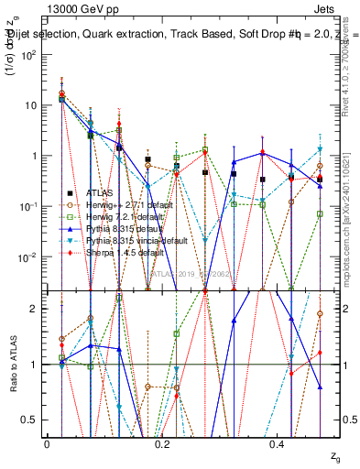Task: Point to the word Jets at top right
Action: tap(335, 8)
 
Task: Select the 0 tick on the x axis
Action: tap(48, 443)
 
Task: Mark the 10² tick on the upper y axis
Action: tap(30, 55)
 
